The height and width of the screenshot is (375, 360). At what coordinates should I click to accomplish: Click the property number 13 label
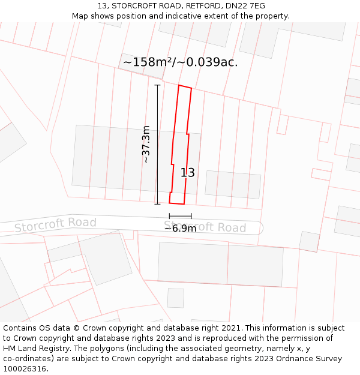188,173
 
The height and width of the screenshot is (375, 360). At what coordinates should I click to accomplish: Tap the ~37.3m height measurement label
146,145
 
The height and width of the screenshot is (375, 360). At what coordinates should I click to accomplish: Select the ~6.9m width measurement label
181,229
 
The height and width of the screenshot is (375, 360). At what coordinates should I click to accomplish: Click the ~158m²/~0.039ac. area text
180,62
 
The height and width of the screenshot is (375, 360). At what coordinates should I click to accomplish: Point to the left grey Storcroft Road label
55,224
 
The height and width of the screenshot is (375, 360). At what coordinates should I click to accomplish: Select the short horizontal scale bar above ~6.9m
181,216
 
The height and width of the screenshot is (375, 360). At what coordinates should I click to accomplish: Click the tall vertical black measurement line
158,145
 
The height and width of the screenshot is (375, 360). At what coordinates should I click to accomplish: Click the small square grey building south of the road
176,298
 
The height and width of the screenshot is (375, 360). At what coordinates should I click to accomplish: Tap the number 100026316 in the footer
25,369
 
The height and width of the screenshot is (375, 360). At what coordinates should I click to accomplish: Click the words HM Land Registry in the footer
36,349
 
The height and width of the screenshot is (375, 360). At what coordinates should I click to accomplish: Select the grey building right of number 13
233,185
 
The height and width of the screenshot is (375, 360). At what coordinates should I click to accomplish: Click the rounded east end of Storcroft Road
259,228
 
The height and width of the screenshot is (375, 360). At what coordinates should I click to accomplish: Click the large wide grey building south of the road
220,264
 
